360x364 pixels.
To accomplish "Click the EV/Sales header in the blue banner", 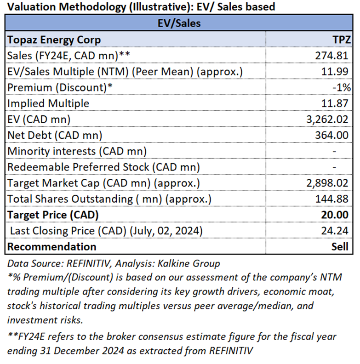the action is point(179,23).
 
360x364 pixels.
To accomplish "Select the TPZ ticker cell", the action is point(342,40).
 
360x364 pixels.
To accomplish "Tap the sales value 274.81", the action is point(331,56).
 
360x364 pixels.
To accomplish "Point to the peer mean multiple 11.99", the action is point(335,72).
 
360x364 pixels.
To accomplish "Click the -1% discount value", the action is point(342,87).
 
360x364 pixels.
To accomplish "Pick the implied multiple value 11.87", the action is point(335,103).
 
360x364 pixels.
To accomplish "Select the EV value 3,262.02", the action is point(327,119).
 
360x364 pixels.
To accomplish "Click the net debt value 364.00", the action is point(331,135).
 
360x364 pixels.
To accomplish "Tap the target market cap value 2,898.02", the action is point(327,183).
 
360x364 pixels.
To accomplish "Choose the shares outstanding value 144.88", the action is point(331,199).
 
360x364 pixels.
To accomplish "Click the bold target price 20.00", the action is point(335,215).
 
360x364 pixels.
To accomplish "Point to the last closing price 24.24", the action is point(335,231).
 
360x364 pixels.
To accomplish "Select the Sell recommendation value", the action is point(340,246).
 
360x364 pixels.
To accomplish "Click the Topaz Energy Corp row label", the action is point(54,40).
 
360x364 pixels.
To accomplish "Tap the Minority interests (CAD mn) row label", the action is point(77,151).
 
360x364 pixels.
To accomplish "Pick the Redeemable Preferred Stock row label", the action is point(103,167).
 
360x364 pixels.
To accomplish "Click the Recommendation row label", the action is point(52,246).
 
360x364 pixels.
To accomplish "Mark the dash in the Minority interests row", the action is point(334,152).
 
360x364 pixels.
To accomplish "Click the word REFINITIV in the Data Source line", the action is point(88,263).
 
